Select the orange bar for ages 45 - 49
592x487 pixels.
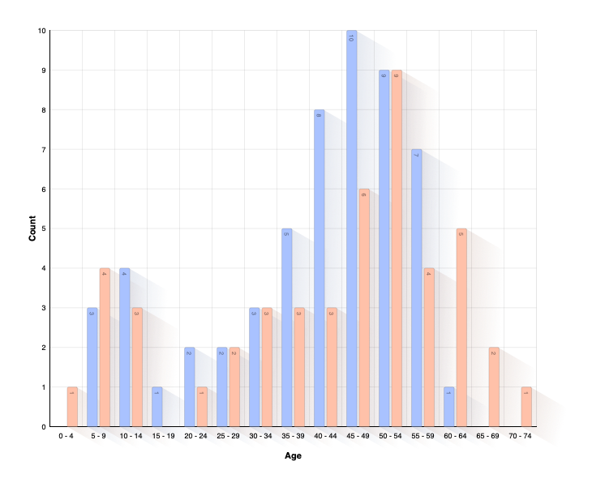[x=364, y=308]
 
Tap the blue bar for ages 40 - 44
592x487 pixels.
[x=319, y=267]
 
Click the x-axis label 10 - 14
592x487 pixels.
[x=131, y=436]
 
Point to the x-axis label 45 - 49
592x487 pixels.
[x=358, y=436]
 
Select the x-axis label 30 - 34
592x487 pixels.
[x=260, y=436]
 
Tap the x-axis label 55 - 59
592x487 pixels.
[x=423, y=436]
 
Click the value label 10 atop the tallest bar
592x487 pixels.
[x=351, y=37]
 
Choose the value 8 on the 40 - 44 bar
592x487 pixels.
[x=319, y=116]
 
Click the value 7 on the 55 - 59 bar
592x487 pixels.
[x=416, y=156]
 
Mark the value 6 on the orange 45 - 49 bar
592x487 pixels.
[x=364, y=195]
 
